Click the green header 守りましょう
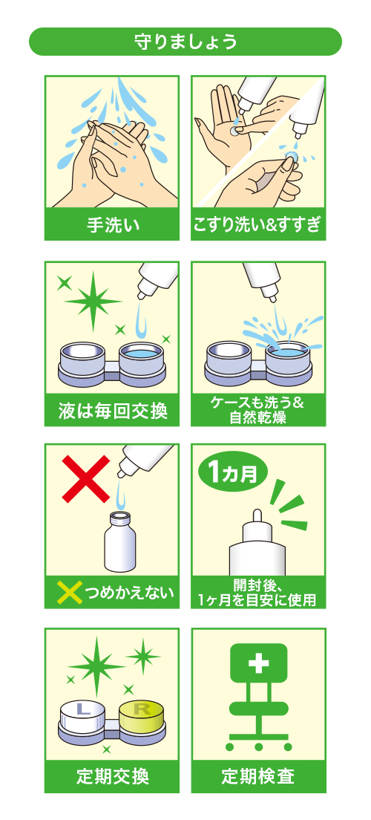click(x=185, y=42)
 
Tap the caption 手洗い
click(x=113, y=225)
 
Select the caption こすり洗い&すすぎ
click(x=258, y=225)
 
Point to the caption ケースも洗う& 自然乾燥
click(x=258, y=411)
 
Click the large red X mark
click(x=86, y=478)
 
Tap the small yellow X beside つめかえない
click(x=70, y=593)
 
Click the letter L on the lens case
click(x=82, y=709)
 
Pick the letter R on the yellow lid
click(x=141, y=709)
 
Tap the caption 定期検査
click(x=258, y=775)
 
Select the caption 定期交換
click(x=113, y=775)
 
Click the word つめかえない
click(x=129, y=593)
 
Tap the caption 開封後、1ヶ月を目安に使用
click(x=258, y=593)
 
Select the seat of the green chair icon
click(x=258, y=709)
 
